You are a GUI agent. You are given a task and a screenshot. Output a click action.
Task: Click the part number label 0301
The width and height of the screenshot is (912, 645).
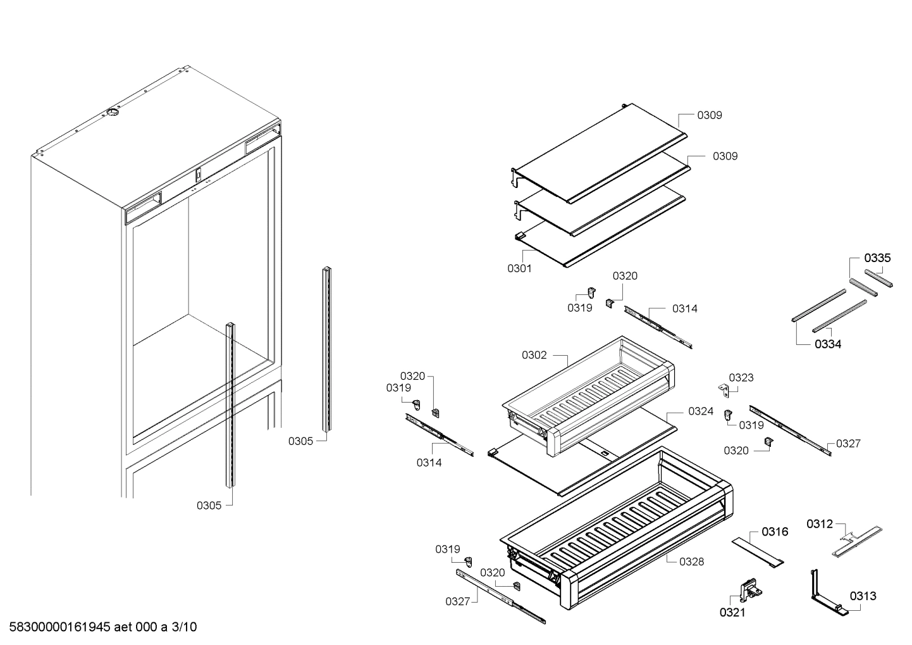click(519, 268)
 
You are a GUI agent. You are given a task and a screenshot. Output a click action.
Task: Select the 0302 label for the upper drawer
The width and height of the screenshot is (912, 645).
click(534, 355)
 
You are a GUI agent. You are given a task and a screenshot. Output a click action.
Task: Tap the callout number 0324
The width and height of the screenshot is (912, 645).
click(700, 411)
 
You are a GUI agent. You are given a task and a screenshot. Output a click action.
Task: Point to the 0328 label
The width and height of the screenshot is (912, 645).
click(691, 561)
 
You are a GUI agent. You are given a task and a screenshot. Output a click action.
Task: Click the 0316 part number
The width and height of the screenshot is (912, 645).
click(775, 532)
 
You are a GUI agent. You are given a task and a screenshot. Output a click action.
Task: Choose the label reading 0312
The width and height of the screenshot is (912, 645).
click(820, 523)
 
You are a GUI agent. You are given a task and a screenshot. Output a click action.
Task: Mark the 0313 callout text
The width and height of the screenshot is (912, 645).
click(863, 596)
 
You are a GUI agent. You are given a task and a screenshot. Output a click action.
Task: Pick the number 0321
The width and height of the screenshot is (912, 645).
click(732, 612)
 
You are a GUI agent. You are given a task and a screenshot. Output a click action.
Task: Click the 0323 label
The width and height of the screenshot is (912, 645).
click(741, 378)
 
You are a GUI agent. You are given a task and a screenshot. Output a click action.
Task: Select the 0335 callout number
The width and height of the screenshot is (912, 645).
click(878, 258)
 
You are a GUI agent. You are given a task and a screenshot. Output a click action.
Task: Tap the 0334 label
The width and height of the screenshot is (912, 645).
click(827, 344)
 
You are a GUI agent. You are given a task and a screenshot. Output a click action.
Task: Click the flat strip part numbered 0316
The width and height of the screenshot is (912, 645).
click(758, 551)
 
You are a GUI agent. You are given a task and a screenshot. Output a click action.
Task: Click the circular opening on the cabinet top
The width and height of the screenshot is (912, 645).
click(112, 113)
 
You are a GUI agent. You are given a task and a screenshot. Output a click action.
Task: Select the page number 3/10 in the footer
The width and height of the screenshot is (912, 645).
click(184, 627)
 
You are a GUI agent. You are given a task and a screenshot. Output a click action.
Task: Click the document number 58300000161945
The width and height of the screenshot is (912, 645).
click(61, 627)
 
